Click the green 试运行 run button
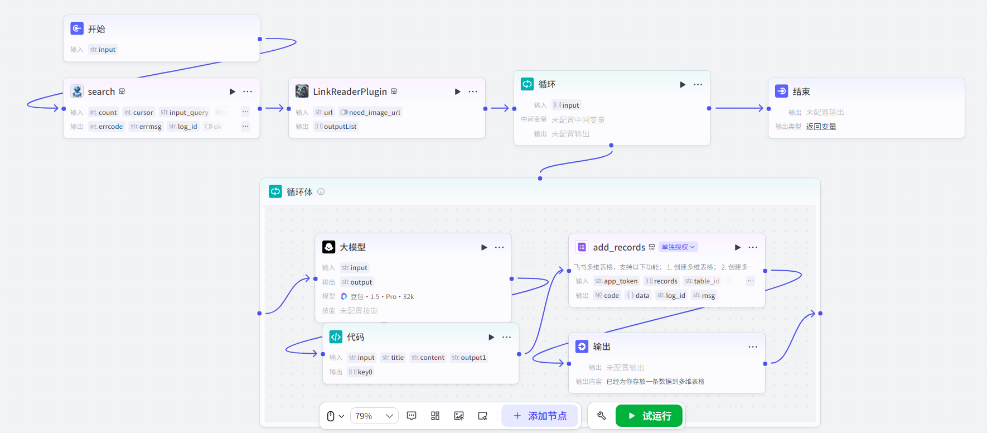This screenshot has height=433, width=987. [649, 416]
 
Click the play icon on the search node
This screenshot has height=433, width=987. [232, 92]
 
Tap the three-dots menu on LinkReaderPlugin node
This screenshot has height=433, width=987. [473, 92]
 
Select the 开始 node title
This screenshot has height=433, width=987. [96, 29]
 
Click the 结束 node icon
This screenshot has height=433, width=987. [782, 92]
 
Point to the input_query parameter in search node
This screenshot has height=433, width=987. [185, 112]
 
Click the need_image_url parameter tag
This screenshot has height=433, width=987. [371, 112]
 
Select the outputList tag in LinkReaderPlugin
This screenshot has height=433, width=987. [336, 127]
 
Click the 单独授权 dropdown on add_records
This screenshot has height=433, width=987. [678, 247]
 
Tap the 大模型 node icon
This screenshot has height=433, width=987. [329, 247]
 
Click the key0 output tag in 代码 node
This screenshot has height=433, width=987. [361, 372]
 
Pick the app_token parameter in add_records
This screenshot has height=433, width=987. [617, 281]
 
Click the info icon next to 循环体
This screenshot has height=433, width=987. [321, 192]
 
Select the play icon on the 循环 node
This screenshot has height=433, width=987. [683, 84]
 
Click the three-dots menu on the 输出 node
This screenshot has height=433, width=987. [753, 347]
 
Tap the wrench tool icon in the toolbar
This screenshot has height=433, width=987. [602, 416]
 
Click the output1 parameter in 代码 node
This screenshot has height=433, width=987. [469, 358]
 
